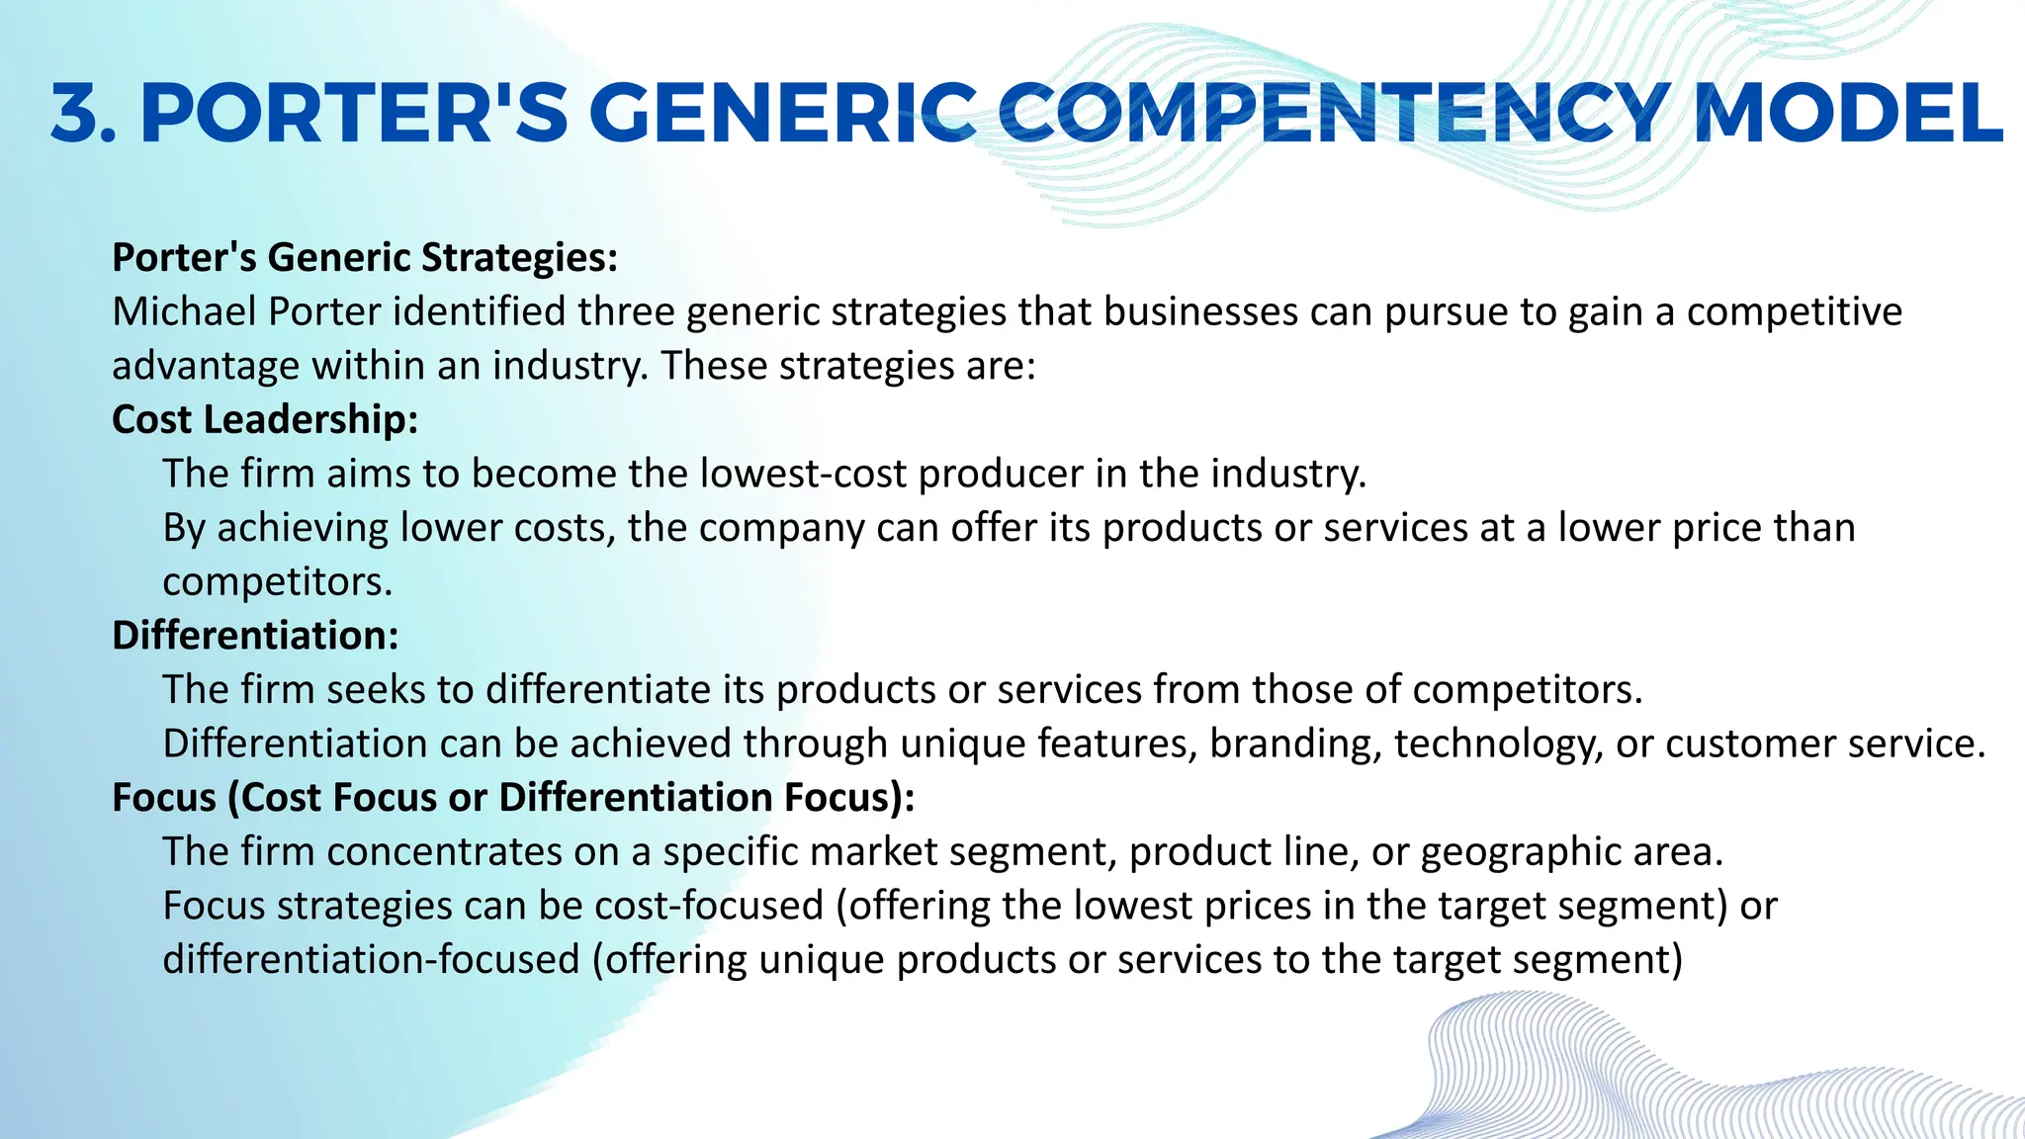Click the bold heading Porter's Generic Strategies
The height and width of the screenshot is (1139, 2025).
point(365,257)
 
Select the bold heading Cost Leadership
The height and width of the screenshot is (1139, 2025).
point(265,419)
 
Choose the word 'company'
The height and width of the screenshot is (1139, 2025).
point(782,529)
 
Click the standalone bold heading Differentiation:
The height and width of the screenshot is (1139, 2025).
point(255,635)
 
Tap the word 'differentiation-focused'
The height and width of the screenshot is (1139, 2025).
point(371,959)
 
